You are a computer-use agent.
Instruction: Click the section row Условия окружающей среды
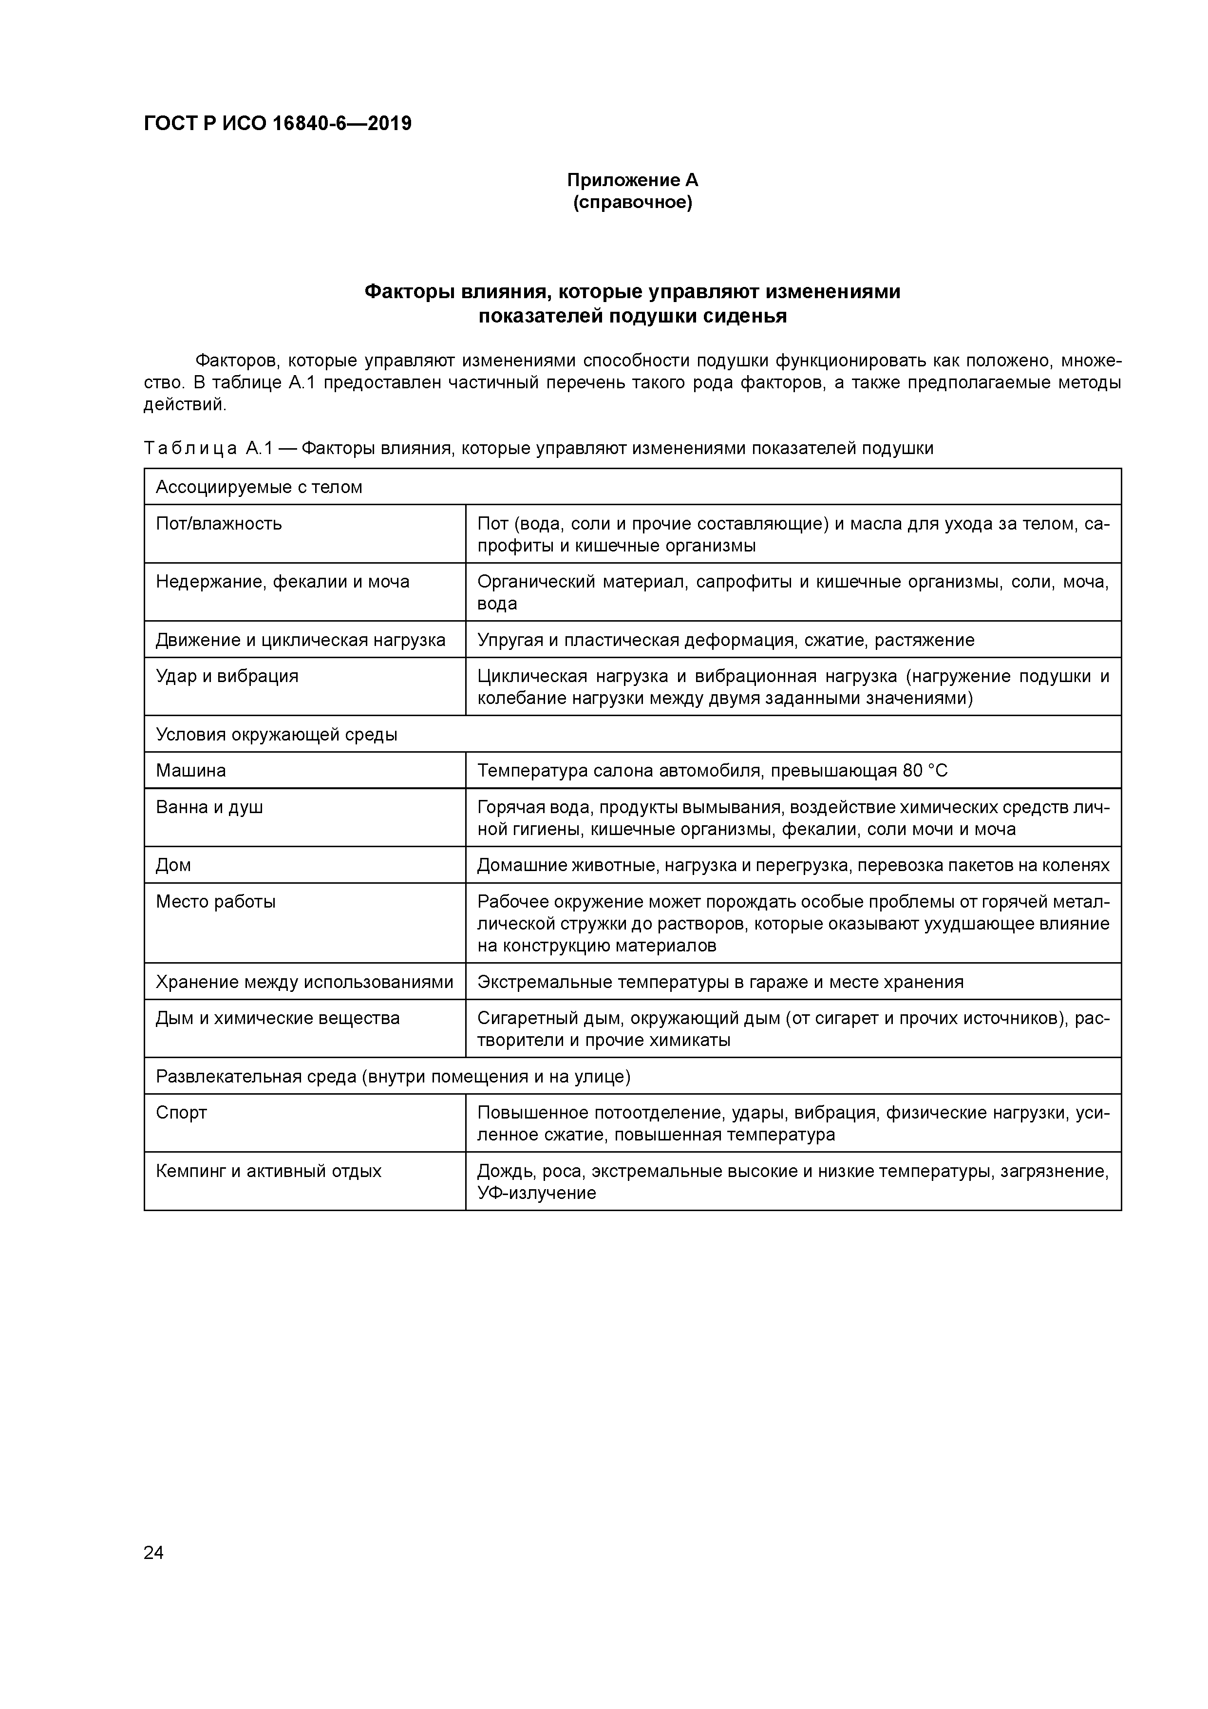(276, 735)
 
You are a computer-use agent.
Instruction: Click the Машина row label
(190, 770)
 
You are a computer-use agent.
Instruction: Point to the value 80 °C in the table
(925, 770)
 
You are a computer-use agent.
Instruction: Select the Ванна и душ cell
(209, 807)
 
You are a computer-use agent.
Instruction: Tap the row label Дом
(173, 865)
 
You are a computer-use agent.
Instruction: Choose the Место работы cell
(216, 901)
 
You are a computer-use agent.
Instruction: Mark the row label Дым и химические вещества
(278, 1018)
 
